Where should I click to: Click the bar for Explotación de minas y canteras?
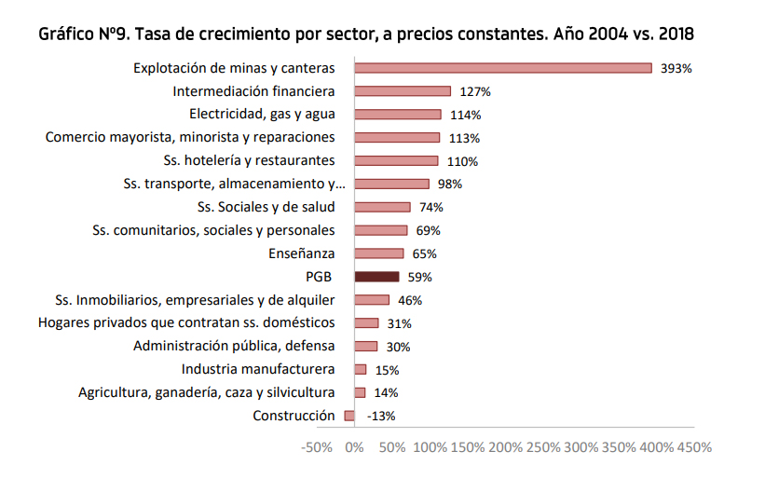(x=503, y=67)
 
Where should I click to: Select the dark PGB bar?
(x=376, y=277)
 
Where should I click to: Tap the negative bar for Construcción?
(x=349, y=416)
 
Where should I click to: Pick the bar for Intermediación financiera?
(x=403, y=90)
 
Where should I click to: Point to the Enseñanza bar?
(x=379, y=253)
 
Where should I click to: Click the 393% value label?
(x=676, y=68)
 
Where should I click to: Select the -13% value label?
(x=381, y=417)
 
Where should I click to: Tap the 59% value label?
(x=419, y=277)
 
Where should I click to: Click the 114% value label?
(x=463, y=115)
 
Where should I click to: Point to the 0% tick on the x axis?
(x=355, y=447)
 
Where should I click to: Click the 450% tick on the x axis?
(x=694, y=447)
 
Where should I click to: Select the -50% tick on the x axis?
(x=317, y=447)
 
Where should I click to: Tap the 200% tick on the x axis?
(x=505, y=447)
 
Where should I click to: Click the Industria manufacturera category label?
(x=258, y=369)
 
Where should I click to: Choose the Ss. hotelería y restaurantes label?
(x=249, y=160)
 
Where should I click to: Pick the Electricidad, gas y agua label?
(x=262, y=114)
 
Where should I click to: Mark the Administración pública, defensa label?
(x=234, y=346)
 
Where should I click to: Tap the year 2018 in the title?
(x=675, y=34)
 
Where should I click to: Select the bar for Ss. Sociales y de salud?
(x=382, y=207)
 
